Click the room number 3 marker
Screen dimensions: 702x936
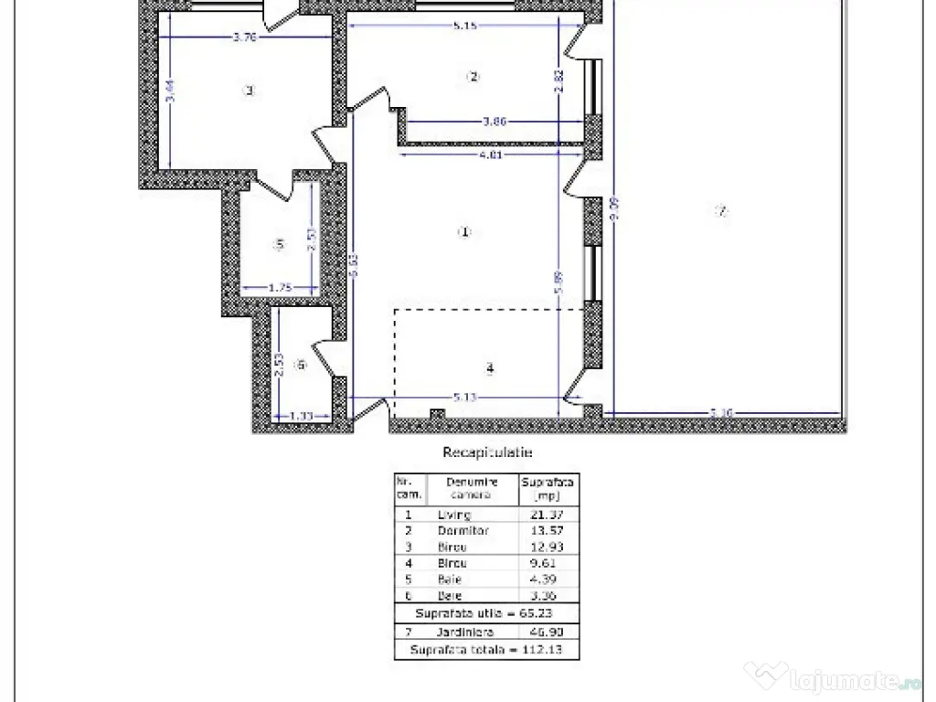tap(248, 90)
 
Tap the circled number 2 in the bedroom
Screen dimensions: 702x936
tap(473, 77)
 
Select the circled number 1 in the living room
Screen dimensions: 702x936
tap(463, 232)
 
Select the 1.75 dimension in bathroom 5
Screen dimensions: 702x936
tap(280, 289)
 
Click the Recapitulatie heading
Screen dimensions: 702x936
tap(487, 452)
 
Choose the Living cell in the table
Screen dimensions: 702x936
tap(454, 515)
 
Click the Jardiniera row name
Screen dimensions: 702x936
tap(465, 633)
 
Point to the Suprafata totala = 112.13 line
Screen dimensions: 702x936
tap(486, 649)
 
